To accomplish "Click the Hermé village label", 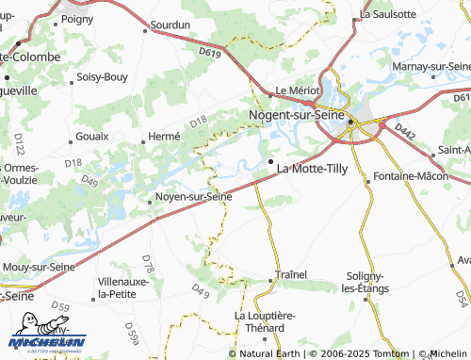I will (x=164, y=137).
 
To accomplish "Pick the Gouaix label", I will (x=91, y=137).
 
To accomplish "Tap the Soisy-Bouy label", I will (x=103, y=76).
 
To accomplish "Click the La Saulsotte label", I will (x=388, y=14).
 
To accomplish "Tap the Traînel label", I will (x=291, y=274).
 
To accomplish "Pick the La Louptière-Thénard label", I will (x=258, y=321).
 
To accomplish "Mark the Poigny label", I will (x=77, y=18).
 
